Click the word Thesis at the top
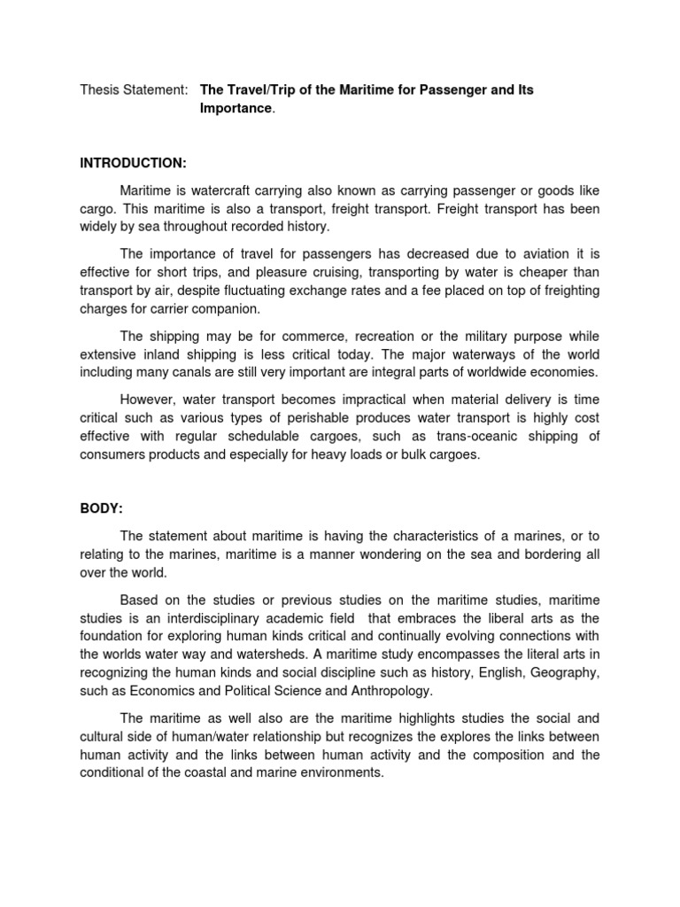point(99,90)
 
